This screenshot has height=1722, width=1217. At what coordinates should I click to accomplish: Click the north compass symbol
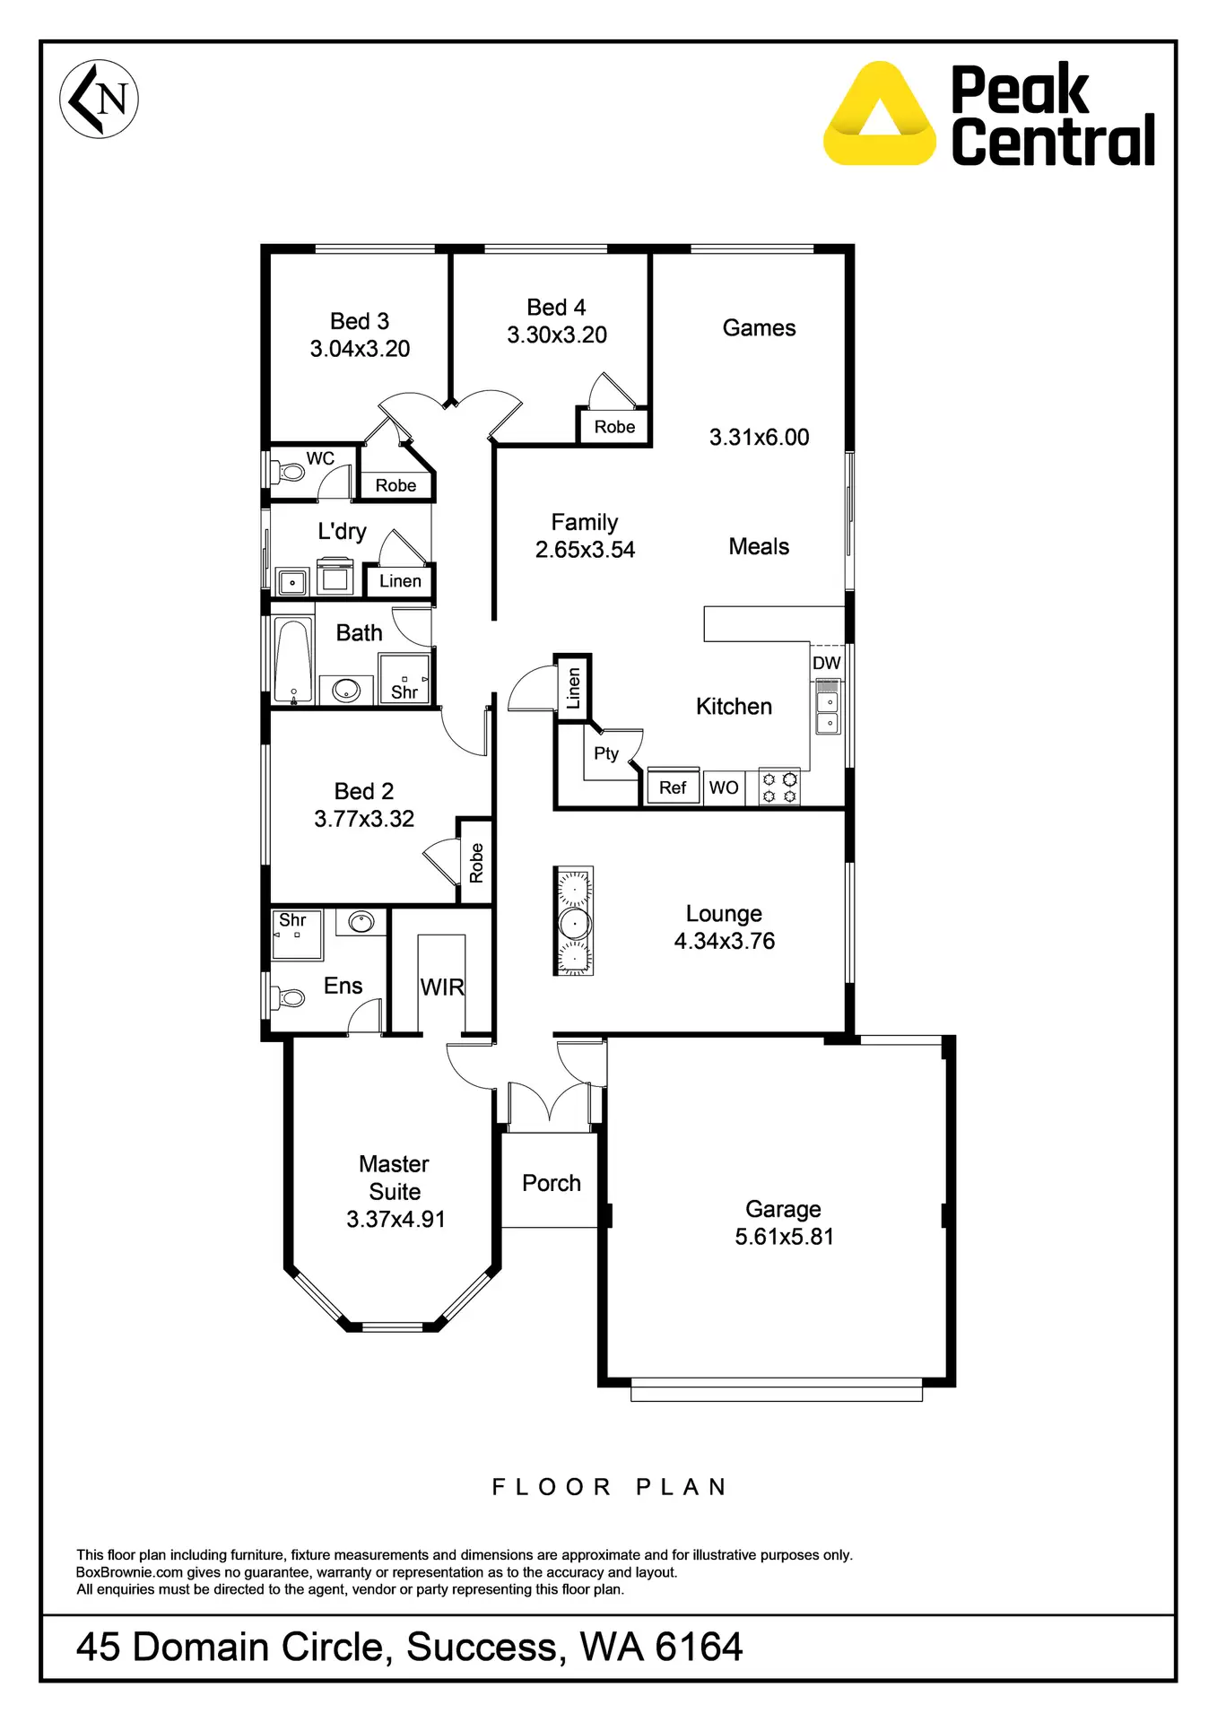click(x=99, y=99)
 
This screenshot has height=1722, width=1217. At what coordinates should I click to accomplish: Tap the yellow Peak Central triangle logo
click(x=879, y=115)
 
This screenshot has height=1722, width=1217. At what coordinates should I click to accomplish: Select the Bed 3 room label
click(x=360, y=321)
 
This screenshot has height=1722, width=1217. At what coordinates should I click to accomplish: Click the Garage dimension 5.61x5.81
click(x=784, y=1237)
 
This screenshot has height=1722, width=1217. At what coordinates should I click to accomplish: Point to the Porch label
click(x=552, y=1183)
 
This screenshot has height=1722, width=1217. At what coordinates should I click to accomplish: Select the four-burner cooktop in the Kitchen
click(x=778, y=787)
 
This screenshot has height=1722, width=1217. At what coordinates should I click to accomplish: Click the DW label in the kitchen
click(x=826, y=663)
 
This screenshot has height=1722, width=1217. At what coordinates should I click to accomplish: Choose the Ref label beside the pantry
click(x=673, y=787)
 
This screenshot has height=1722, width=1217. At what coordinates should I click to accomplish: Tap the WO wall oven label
click(x=724, y=787)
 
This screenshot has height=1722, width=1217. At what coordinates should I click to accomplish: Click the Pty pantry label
click(x=606, y=753)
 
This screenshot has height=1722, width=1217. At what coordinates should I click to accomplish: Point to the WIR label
click(x=442, y=987)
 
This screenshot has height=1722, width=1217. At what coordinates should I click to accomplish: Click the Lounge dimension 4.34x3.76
click(x=725, y=941)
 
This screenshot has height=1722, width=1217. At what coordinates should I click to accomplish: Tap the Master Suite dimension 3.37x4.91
click(x=396, y=1219)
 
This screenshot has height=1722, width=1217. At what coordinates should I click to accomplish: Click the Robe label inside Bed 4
click(x=614, y=427)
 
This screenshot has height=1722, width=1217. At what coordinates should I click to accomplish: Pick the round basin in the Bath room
click(x=346, y=690)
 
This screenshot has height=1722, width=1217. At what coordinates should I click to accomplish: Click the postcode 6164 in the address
click(x=699, y=1647)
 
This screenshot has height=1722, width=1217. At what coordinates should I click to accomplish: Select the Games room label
click(x=759, y=328)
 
